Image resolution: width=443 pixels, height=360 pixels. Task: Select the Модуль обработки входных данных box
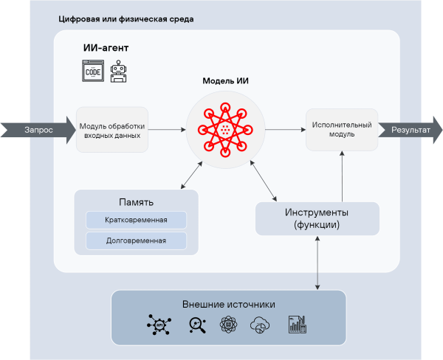coord(112,130)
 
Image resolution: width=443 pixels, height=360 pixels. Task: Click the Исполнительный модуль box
coord(341,130)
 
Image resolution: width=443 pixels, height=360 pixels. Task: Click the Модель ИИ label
coord(225,81)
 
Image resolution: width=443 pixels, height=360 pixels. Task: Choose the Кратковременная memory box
coord(137,220)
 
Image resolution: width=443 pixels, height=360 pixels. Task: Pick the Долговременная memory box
coord(137,240)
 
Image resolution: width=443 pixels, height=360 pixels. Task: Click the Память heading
coord(137,202)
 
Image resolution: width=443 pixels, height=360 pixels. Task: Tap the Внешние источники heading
coord(228,304)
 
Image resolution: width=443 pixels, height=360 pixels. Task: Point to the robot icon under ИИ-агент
coord(118,72)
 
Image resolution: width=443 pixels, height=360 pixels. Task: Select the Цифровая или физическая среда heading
coord(126,18)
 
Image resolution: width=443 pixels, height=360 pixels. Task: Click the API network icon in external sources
coord(158,325)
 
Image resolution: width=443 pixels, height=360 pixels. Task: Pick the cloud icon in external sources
coord(261,325)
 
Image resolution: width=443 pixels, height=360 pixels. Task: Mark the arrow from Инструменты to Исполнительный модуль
coord(342,177)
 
